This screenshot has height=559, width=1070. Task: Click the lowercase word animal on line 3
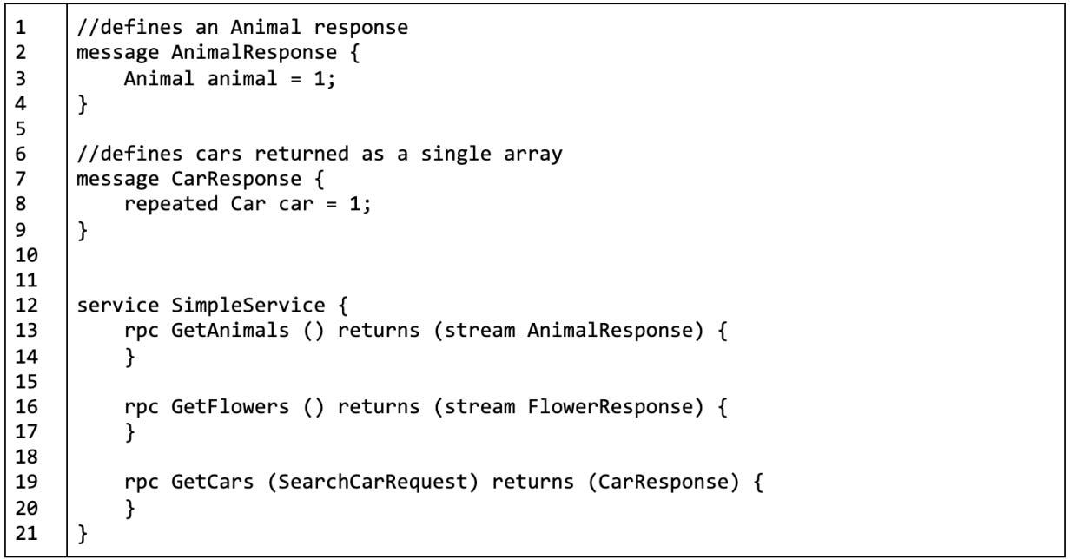point(220,80)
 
